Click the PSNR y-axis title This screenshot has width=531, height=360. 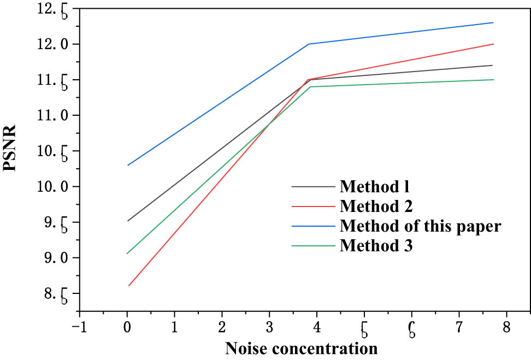[x=11, y=148]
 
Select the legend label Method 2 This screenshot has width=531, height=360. [x=376, y=206]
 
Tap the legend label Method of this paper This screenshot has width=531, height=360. [x=420, y=226]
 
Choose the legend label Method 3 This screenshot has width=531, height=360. [x=376, y=246]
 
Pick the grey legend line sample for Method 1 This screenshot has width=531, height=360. [x=313, y=186]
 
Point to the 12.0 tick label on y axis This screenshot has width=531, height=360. [x=55, y=44]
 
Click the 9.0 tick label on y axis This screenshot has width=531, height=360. [x=55, y=257]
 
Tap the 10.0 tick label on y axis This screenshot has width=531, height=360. [x=55, y=186]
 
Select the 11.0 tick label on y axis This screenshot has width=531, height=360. [x=55, y=115]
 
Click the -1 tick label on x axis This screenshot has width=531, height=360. [x=79, y=327]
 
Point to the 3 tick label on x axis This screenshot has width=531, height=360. [x=269, y=327]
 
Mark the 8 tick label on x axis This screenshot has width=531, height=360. [x=506, y=327]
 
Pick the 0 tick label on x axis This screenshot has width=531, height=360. [x=127, y=327]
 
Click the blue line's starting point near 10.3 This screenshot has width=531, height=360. [x=128, y=165]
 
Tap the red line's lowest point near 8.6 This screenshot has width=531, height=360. [x=128, y=286]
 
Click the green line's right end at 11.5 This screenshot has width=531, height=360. [x=493, y=80]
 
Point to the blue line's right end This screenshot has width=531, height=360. [x=493, y=22]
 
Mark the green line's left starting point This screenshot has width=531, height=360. [x=127, y=253]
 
